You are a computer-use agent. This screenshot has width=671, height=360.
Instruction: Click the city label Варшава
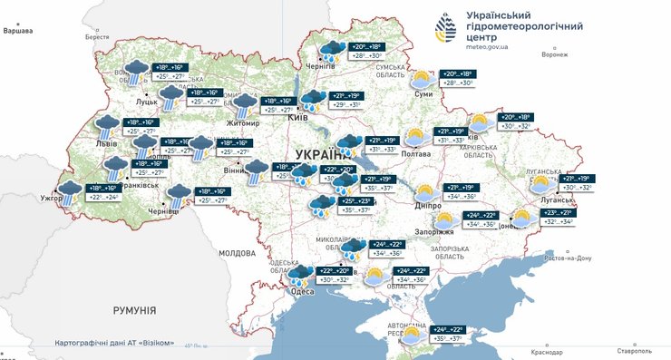(x=17, y=31)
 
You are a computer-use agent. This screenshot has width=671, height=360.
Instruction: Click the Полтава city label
(x=415, y=154)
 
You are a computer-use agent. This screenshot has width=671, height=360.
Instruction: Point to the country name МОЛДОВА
(x=237, y=254)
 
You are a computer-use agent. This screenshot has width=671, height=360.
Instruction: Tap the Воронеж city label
(x=553, y=54)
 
